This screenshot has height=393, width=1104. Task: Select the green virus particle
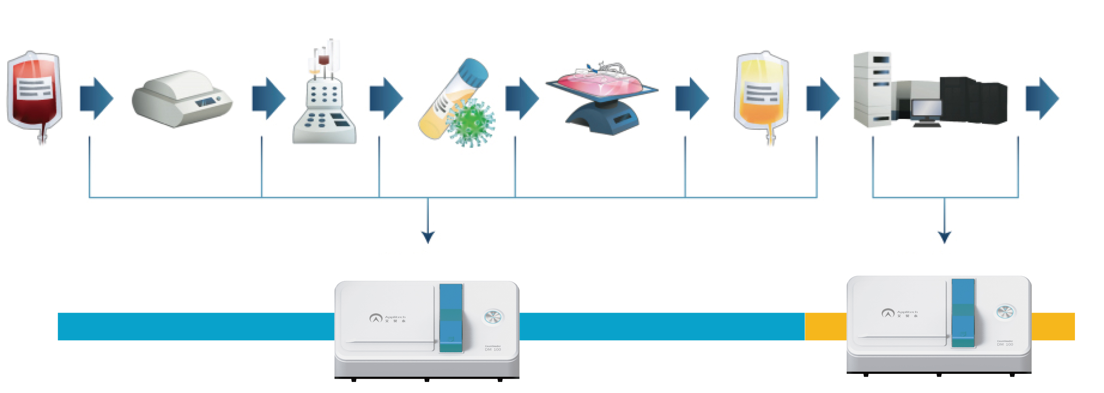(x=471, y=123)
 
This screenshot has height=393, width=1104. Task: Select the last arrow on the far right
(x=1042, y=98)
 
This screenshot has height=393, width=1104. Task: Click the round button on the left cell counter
(x=493, y=317)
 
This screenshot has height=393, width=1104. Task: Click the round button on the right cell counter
(x=1005, y=312)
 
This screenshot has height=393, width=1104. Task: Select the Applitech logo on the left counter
(x=387, y=318)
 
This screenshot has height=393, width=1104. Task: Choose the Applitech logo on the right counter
(x=899, y=313)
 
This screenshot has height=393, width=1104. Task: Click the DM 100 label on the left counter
(x=493, y=349)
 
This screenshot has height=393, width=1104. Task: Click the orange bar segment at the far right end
(x=1053, y=326)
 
